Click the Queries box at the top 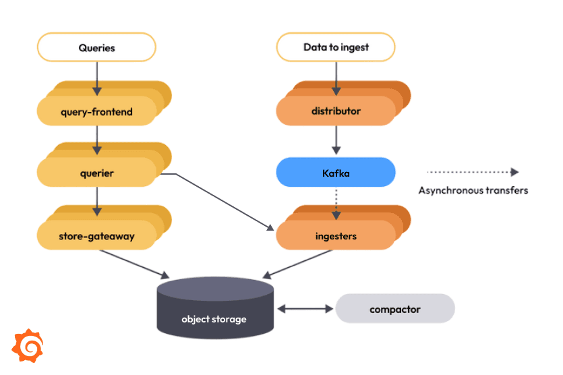[x=96, y=48]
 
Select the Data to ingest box [x=336, y=48]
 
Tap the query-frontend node [x=96, y=111]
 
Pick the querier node [x=96, y=173]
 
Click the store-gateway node [x=96, y=235]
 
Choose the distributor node [x=336, y=111]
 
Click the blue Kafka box [x=336, y=173]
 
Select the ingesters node [x=336, y=235]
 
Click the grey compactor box [x=395, y=309]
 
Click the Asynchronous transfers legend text [x=473, y=190]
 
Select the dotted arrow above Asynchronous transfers [x=473, y=172]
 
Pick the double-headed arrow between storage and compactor [x=305, y=309]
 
